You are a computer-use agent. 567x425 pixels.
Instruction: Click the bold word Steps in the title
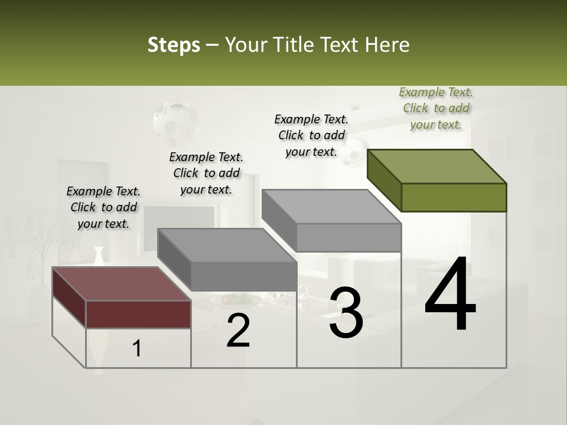pyautogui.click(x=174, y=45)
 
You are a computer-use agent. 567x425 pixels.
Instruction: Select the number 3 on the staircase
pyautogui.click(x=346, y=313)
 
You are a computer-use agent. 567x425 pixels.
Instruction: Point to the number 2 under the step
pyautogui.click(x=238, y=331)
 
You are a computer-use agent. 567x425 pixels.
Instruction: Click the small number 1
pyautogui.click(x=137, y=349)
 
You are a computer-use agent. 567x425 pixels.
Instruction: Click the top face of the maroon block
pyautogui.click(x=121, y=284)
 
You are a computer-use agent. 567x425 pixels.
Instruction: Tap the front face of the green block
pyautogui.click(x=454, y=197)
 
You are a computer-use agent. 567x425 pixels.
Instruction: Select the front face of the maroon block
pyautogui.click(x=138, y=314)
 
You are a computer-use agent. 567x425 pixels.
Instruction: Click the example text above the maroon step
pyautogui.click(x=103, y=207)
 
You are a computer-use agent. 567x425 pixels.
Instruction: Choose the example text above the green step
pyautogui.click(x=436, y=108)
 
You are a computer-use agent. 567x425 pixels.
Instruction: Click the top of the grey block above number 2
pyautogui.click(x=227, y=245)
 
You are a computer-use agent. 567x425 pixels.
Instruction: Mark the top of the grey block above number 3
pyautogui.click(x=331, y=207)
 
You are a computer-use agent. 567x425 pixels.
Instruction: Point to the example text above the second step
pyautogui.click(x=206, y=173)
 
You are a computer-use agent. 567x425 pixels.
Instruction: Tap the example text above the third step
pyautogui.click(x=311, y=135)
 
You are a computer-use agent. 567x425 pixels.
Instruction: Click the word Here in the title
pyautogui.click(x=388, y=45)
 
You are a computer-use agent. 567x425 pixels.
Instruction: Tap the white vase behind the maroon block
pyautogui.click(x=99, y=256)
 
